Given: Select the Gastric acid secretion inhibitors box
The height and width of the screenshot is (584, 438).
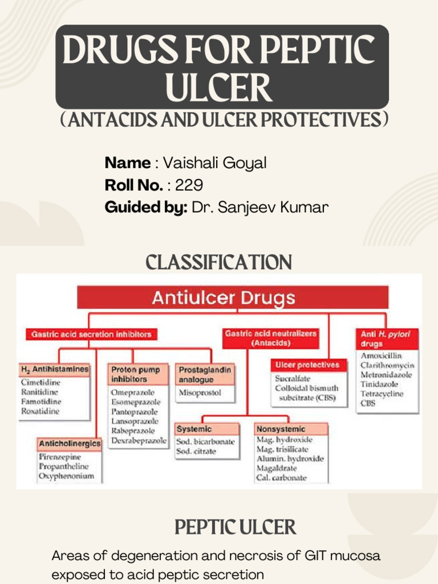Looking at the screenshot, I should pyautogui.click(x=91, y=334).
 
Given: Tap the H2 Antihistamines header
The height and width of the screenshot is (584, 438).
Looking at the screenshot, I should pyautogui.click(x=55, y=369).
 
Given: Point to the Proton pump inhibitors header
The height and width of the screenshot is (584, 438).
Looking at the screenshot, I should pyautogui.click(x=139, y=374).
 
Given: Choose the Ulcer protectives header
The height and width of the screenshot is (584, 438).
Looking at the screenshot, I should pyautogui.click(x=307, y=364).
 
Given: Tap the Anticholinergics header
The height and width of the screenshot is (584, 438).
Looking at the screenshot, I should pyautogui.click(x=70, y=443).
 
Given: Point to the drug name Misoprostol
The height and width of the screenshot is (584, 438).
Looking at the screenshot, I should pyautogui.click(x=199, y=392).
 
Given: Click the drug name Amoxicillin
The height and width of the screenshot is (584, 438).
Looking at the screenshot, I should pyautogui.click(x=381, y=356).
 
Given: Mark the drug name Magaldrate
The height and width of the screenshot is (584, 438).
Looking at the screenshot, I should pyautogui.click(x=277, y=468).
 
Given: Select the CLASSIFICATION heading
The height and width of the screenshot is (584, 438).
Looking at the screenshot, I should pyautogui.click(x=219, y=263).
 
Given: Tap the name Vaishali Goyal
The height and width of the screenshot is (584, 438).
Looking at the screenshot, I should pyautogui.click(x=214, y=163).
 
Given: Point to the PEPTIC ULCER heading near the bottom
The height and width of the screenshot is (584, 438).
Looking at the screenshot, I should pyautogui.click(x=236, y=527).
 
